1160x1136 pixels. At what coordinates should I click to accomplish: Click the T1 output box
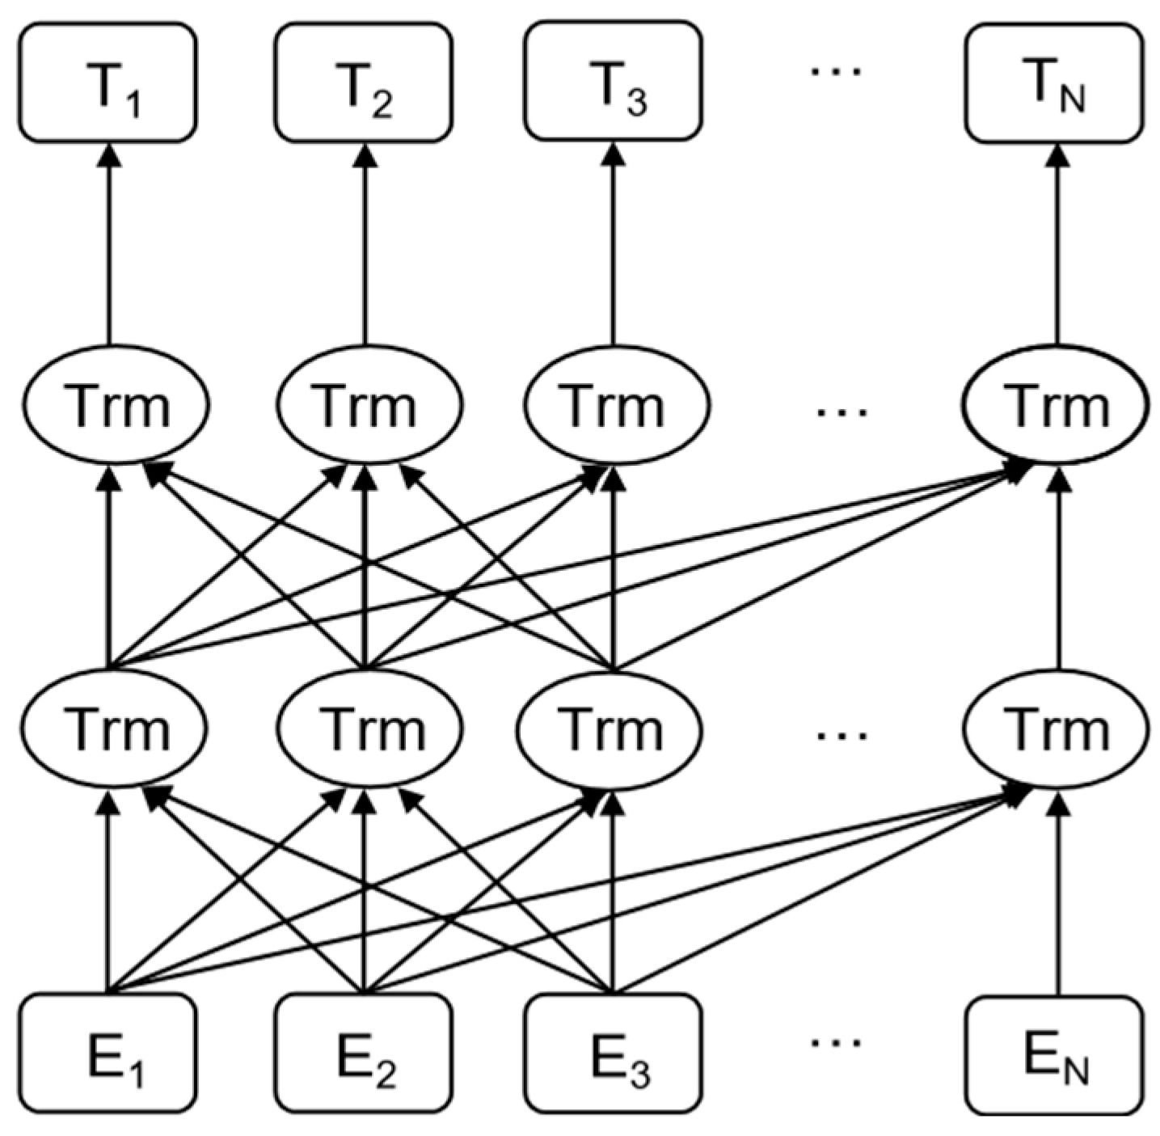coord(108,82)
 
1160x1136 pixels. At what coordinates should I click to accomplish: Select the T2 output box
coord(364,82)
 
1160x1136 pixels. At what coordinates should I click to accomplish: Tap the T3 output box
coord(613,81)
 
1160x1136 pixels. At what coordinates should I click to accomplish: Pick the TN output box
coord(1054,82)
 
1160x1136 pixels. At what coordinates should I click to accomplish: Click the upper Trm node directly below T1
coord(115,404)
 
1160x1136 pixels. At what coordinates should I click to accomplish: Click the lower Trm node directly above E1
coord(115,728)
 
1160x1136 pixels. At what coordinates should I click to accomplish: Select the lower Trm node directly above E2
coord(369,728)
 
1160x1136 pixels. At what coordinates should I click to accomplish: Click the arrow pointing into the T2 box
coord(364,243)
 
